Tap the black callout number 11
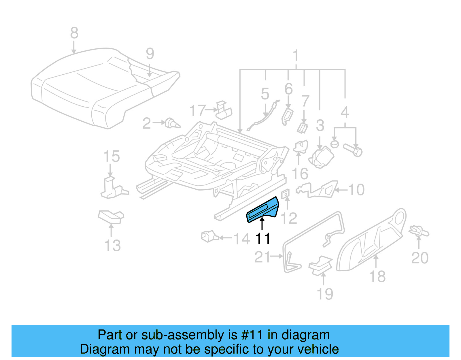[x=263, y=239]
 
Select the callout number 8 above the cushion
[x=74, y=33]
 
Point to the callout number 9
[x=150, y=54]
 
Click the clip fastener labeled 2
[x=172, y=123]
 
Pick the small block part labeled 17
[x=224, y=110]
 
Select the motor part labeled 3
[x=321, y=157]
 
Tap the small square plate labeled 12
[x=285, y=194]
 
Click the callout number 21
[x=262, y=257]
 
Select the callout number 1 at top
[x=296, y=56]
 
